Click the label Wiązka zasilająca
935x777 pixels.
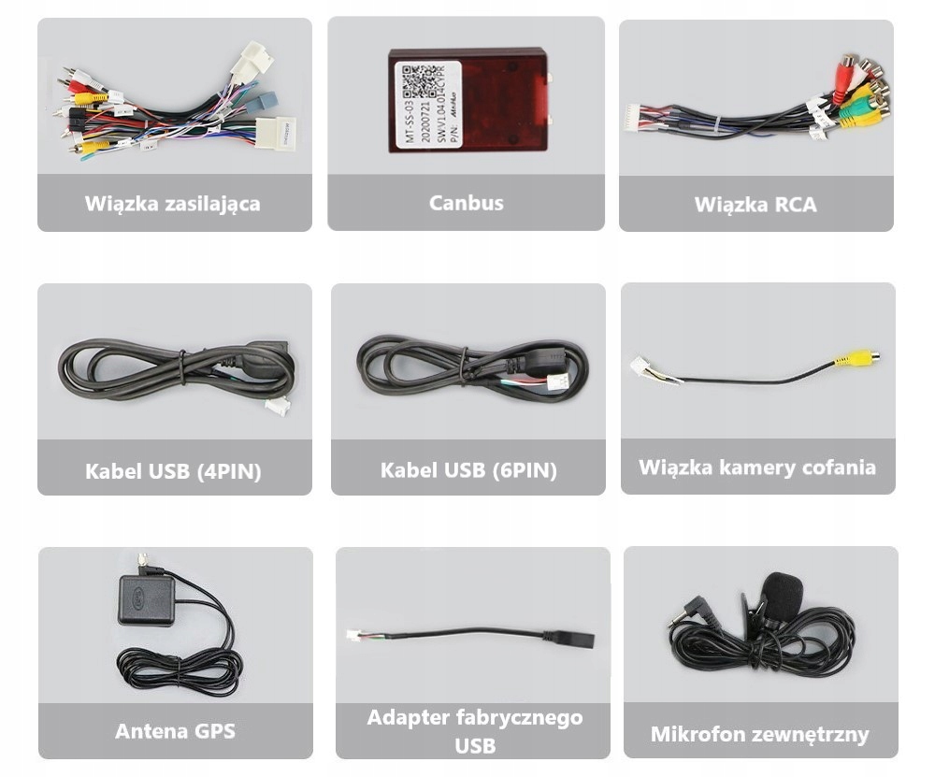[173, 203]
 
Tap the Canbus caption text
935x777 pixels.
[466, 202]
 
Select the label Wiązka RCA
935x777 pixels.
[755, 204]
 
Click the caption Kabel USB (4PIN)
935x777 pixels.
[173, 471]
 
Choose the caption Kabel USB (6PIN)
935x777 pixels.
[467, 470]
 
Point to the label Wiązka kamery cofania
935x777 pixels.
[757, 467]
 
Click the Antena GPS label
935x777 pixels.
[175, 730]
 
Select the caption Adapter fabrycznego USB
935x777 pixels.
[474, 731]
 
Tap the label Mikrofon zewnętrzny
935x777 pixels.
[760, 734]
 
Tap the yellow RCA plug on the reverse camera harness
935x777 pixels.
[856, 358]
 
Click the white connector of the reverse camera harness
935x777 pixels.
[640, 366]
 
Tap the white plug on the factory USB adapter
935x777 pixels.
[353, 634]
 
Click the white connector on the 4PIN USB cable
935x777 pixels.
[277, 406]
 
